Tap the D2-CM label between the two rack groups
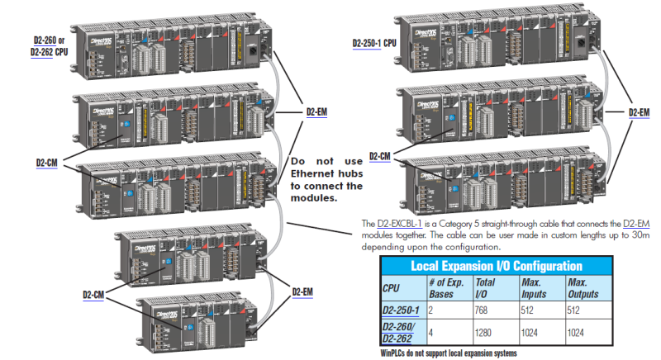380,156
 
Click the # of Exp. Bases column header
437,288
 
